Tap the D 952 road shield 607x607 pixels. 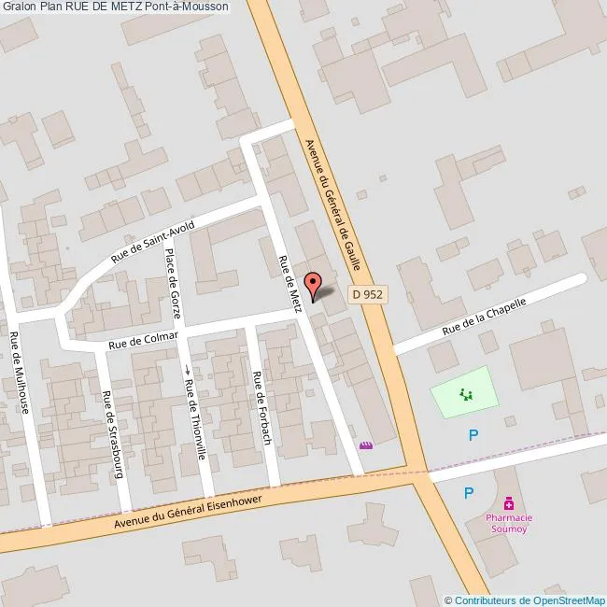[x=368, y=293]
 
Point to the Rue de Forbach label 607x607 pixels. [x=261, y=408]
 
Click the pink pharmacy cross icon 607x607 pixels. [x=508, y=502]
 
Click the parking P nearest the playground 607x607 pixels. [x=473, y=434]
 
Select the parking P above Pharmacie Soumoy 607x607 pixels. [x=469, y=493]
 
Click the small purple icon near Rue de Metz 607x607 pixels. [x=366, y=446]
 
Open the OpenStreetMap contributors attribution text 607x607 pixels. [x=525, y=600]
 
